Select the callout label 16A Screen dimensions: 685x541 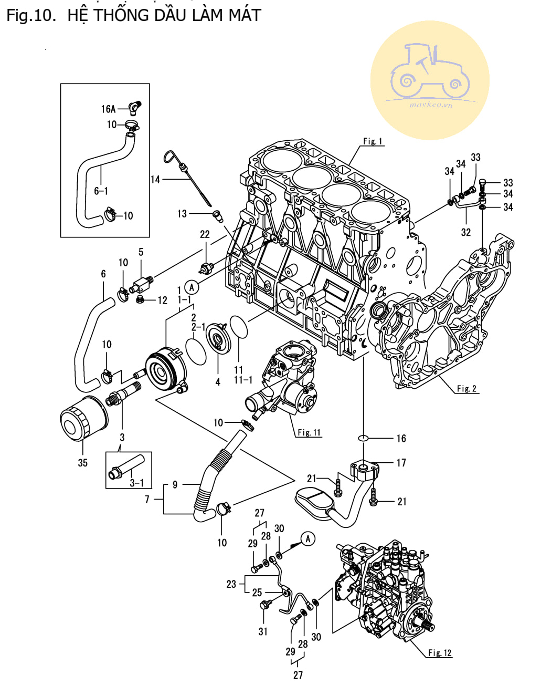click(x=108, y=109)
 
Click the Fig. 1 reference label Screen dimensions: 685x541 click(x=373, y=141)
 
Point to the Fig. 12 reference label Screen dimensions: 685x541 click(x=440, y=653)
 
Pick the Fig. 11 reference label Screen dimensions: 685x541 click(x=309, y=432)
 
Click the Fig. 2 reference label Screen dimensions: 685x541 click(x=466, y=389)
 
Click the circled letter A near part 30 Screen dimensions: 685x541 click(x=308, y=538)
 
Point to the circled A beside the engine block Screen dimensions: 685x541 click(x=192, y=287)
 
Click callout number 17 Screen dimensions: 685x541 click(x=401, y=463)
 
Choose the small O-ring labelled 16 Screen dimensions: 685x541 click(x=363, y=438)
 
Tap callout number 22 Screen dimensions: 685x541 click(x=205, y=234)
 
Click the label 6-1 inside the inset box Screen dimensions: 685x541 click(x=101, y=191)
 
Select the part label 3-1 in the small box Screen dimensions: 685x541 click(x=136, y=482)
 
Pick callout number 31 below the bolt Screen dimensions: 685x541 click(x=263, y=631)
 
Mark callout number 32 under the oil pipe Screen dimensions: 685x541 click(x=466, y=232)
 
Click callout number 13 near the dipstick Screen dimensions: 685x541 click(x=182, y=213)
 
